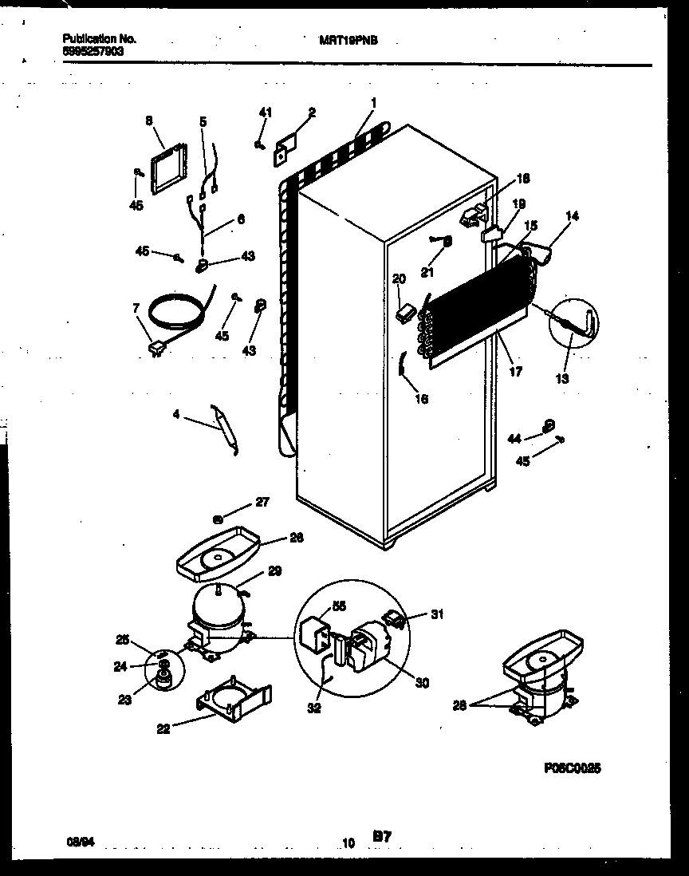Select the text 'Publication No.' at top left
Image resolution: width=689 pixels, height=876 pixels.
point(98,38)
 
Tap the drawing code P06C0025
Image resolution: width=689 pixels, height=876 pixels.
point(572,767)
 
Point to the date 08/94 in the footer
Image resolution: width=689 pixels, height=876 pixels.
point(77,840)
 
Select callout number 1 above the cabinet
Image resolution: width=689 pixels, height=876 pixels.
point(373,102)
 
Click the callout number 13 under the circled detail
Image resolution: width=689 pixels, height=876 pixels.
point(563,378)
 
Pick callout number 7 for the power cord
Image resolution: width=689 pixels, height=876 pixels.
point(136,307)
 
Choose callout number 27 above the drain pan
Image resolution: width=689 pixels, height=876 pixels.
point(262,503)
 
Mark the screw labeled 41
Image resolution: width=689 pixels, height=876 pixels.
point(259,144)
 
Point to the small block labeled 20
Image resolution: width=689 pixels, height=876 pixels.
point(404,314)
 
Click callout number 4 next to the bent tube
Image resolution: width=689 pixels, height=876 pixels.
point(175,413)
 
